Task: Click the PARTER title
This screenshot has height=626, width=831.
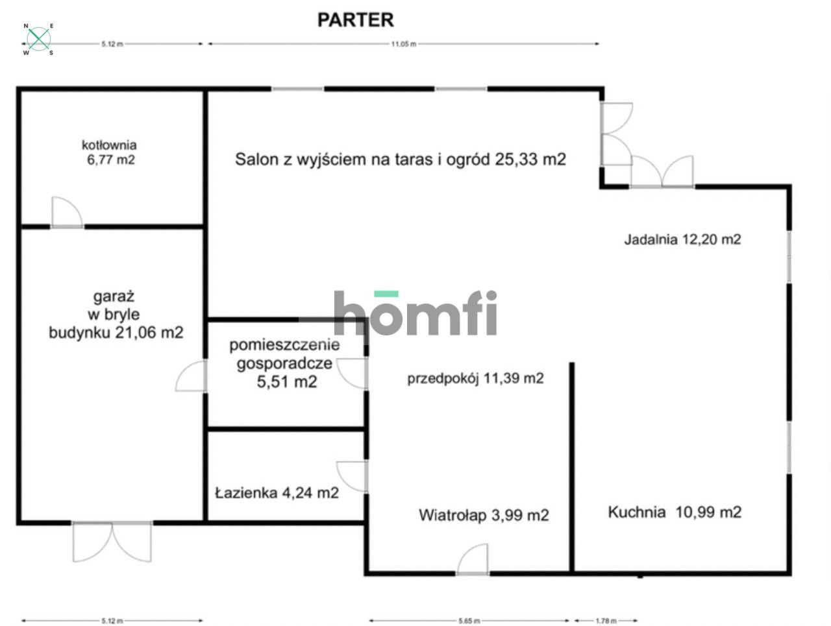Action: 356,20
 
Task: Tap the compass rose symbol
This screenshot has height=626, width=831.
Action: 38,39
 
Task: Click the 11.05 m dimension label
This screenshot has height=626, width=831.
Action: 404,44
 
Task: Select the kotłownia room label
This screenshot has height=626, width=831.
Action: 110,145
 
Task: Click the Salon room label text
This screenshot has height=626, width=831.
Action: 401,159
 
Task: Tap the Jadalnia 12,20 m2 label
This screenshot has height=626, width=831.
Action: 682,239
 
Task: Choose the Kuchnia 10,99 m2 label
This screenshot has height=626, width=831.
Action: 675,512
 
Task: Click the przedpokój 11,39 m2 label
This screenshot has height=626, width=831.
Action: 475,378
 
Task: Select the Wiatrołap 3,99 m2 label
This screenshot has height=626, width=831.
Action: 484,515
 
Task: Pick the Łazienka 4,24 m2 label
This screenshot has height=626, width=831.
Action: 277,493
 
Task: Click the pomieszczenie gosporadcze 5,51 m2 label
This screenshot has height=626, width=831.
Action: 285,363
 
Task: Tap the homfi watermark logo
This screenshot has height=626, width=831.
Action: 415,313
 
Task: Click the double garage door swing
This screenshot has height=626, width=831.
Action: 112,541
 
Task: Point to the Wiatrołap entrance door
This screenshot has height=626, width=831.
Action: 473,560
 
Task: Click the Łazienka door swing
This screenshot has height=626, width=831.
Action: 352,476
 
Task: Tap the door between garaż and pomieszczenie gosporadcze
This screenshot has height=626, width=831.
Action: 191,376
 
